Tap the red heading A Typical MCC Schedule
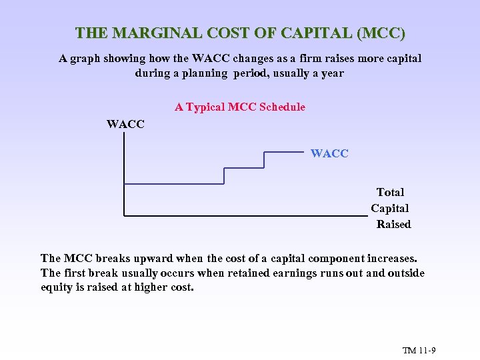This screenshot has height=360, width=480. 240,107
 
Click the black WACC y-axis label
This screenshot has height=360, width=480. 125,124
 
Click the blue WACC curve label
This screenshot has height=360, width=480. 329,153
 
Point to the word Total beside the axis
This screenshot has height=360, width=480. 390,192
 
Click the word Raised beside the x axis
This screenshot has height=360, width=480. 393,224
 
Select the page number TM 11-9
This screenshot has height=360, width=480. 419,351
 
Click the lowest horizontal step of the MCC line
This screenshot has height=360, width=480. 173,183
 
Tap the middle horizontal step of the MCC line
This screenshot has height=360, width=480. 244,168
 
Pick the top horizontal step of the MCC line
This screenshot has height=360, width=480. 284,152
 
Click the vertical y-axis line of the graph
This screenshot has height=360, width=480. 124,173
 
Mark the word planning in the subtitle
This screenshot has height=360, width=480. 201,73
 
